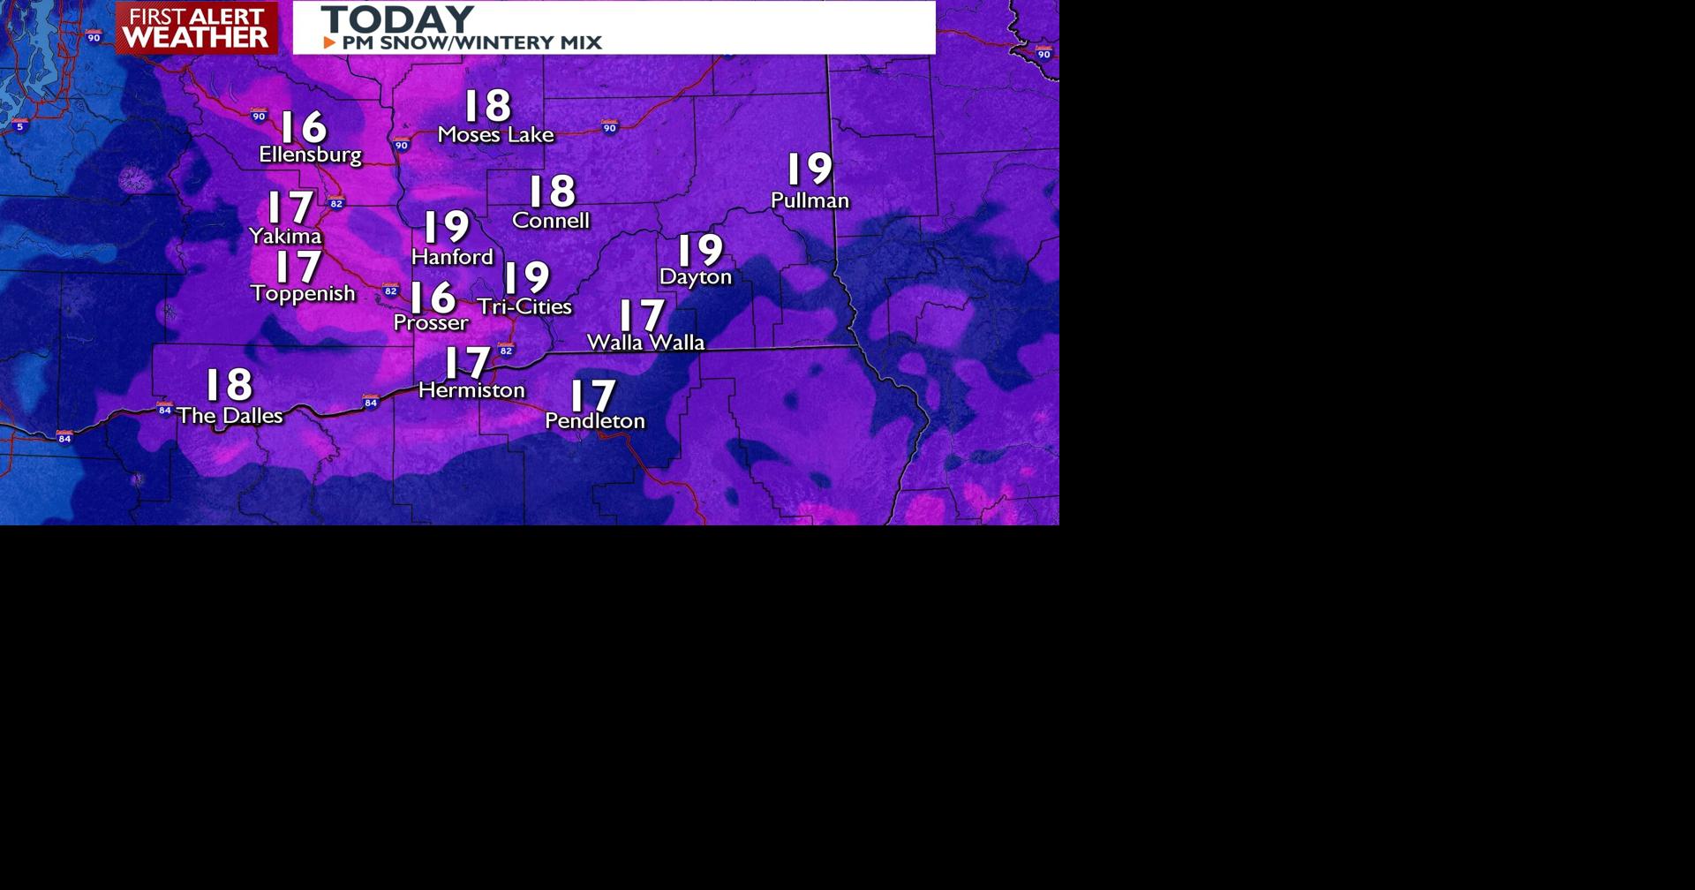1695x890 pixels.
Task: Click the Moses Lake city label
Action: click(x=495, y=135)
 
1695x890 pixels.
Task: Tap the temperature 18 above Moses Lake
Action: click(x=487, y=106)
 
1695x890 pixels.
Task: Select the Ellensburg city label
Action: click(x=310, y=155)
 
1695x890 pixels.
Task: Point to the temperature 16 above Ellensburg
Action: click(x=304, y=127)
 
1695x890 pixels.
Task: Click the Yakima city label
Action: click(x=285, y=236)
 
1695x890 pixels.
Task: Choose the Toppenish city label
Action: click(x=303, y=293)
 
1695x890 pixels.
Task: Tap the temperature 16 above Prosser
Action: click(x=432, y=297)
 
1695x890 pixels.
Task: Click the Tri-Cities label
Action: click(x=524, y=306)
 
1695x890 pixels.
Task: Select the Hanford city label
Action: click(x=452, y=257)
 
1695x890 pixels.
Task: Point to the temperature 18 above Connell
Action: click(x=552, y=192)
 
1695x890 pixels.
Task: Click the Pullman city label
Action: click(x=810, y=200)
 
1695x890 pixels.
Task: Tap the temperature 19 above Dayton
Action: click(x=701, y=250)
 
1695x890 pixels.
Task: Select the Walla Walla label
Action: click(x=645, y=342)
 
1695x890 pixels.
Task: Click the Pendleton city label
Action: click(x=594, y=421)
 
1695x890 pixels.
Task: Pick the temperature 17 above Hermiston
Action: click(x=467, y=362)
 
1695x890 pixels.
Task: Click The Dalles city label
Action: click(x=230, y=415)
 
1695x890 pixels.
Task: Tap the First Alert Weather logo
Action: click(x=196, y=27)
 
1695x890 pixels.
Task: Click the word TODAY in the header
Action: click(x=397, y=19)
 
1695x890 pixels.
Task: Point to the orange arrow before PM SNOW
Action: click(x=329, y=42)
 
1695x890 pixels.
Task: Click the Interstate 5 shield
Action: click(x=20, y=126)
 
